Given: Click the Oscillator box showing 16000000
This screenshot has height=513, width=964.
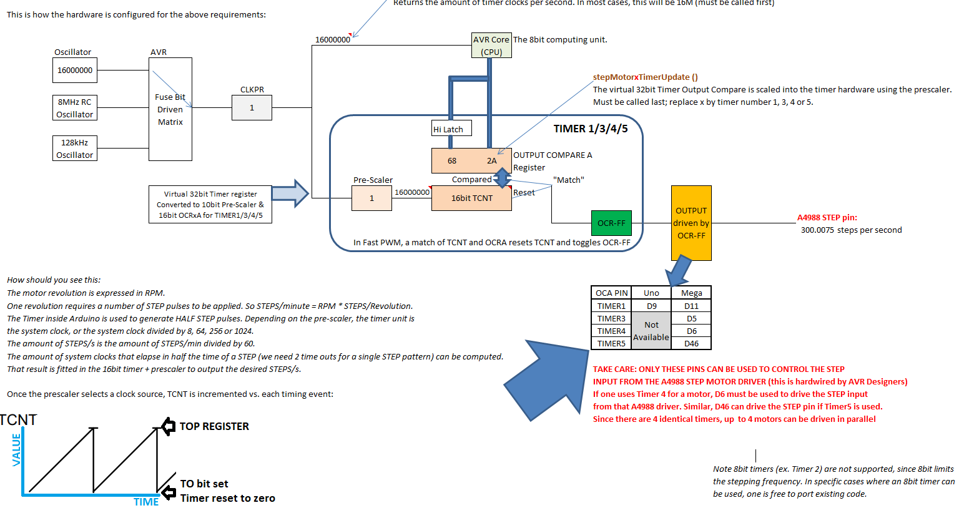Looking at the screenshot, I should click(74, 71).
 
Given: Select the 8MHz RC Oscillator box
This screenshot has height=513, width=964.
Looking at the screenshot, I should click(74, 108).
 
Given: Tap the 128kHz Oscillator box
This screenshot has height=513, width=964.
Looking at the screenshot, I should click(74, 149).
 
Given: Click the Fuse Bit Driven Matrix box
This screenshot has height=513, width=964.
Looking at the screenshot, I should click(170, 110).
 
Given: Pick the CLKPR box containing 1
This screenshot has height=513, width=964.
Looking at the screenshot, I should click(252, 108).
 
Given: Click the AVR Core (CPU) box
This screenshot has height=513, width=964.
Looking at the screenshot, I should click(491, 46).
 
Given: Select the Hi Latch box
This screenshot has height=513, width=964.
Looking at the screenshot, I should click(451, 129).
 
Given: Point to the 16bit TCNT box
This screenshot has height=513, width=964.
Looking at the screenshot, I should click(471, 198).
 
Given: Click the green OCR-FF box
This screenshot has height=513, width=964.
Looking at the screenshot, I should click(611, 223).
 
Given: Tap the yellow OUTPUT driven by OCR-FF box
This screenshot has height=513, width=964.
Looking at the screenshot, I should click(691, 223).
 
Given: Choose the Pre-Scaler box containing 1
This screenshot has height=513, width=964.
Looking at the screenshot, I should click(371, 198).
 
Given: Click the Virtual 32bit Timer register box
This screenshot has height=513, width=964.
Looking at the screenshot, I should click(210, 204).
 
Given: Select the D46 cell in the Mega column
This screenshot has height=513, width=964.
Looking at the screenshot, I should click(691, 343).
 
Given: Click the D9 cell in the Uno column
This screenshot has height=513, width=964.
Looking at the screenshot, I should click(651, 306).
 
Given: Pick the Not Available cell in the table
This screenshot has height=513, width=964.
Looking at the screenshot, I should click(651, 331).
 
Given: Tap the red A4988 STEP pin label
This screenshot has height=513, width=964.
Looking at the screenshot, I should click(827, 218).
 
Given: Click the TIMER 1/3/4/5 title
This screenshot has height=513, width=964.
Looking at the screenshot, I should click(590, 129).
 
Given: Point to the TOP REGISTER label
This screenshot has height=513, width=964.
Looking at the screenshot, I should click(214, 426).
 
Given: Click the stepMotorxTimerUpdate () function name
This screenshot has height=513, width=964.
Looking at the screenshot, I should click(645, 77).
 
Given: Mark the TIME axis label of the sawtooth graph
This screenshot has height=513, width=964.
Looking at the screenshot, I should click(146, 502).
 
